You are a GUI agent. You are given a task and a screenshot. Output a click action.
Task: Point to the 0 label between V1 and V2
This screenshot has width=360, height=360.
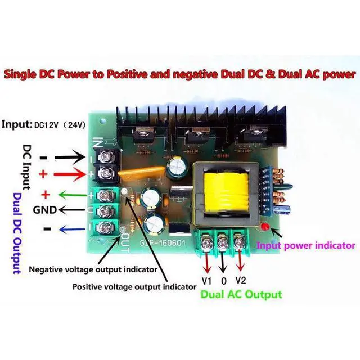224,281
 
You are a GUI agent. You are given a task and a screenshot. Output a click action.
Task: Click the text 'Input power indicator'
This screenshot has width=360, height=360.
306,245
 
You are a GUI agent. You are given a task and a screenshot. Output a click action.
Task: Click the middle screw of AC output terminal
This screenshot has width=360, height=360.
223,243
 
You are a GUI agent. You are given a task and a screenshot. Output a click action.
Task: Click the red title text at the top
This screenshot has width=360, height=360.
180,74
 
